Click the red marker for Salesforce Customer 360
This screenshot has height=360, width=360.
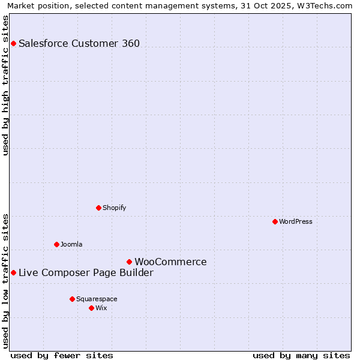(x=13, y=43)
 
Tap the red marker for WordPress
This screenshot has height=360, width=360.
(x=275, y=221)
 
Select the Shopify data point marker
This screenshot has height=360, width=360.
(x=98, y=208)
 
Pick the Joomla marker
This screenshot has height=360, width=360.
(x=56, y=244)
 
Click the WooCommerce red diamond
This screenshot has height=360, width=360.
(x=129, y=262)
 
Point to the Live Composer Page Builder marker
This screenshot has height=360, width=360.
(x=13, y=272)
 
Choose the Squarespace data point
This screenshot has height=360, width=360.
(x=72, y=299)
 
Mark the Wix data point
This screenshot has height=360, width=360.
(x=91, y=308)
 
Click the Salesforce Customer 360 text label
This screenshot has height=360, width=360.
(x=79, y=43)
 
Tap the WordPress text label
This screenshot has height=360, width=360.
(x=296, y=221)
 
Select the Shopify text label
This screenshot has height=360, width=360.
(x=114, y=208)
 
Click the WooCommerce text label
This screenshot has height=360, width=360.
(x=170, y=262)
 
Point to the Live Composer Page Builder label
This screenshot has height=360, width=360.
(x=86, y=272)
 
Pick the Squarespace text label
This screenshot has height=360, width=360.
(x=97, y=299)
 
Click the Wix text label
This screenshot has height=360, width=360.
(x=101, y=308)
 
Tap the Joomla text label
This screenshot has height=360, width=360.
(x=71, y=244)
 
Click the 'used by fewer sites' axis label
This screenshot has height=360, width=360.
(x=62, y=355)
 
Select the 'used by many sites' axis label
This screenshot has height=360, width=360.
(x=301, y=355)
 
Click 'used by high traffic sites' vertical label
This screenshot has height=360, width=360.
(x=5, y=85)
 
